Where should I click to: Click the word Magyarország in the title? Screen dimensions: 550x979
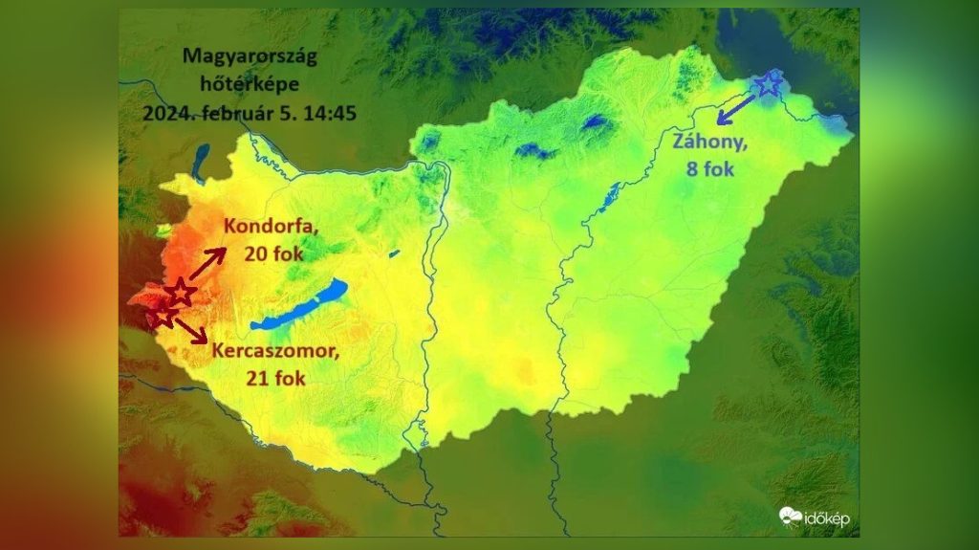[x=250, y=58]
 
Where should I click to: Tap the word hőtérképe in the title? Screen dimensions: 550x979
[x=250, y=84]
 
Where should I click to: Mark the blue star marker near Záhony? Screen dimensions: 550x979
[x=768, y=84]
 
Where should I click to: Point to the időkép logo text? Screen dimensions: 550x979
[x=827, y=518]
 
